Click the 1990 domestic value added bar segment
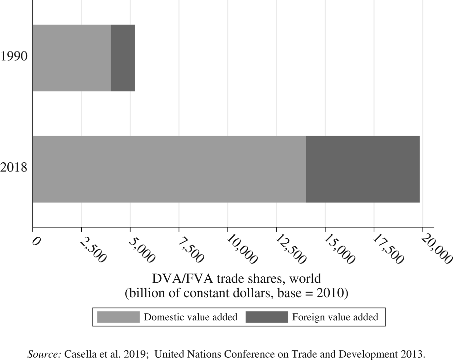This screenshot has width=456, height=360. point(72,58)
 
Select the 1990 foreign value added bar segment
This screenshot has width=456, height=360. point(123,58)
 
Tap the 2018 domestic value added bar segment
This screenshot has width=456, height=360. point(169,169)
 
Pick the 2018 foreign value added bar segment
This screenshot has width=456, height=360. point(363,169)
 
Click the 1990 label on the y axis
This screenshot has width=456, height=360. point(14,57)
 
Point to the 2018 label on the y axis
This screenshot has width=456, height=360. point(14,168)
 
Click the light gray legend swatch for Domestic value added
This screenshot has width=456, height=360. point(118,317)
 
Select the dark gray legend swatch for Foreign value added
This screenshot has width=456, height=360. point(267,317)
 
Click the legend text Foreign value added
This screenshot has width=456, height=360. point(335,317)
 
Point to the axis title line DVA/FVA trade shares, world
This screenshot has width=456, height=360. point(236,279)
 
